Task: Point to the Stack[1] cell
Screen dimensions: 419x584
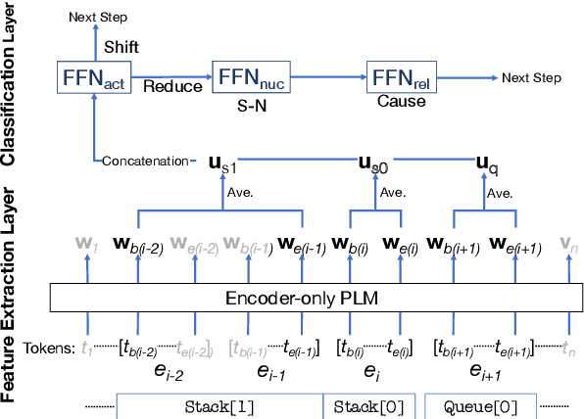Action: [x=219, y=403]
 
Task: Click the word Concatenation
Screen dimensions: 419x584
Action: [x=147, y=161]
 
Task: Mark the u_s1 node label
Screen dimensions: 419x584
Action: [x=223, y=162]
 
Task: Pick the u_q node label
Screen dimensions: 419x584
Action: [x=484, y=162]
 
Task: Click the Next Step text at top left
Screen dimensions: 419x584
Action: [x=95, y=17]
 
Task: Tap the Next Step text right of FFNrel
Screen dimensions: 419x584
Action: [x=531, y=77]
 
